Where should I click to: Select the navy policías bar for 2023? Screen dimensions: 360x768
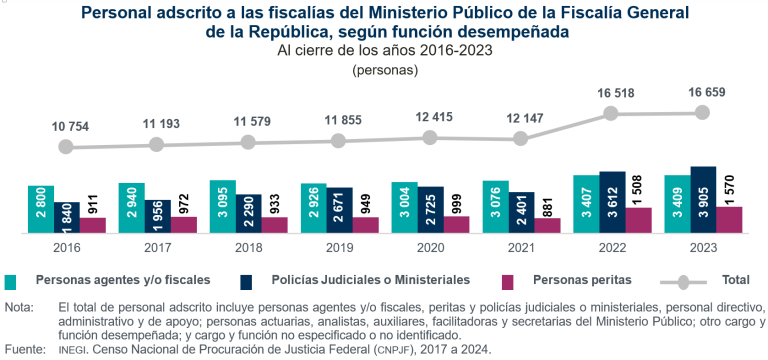tap(703, 200)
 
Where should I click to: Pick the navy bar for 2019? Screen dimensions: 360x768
tap(339, 210)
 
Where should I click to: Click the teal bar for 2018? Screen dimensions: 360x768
tap(222, 207)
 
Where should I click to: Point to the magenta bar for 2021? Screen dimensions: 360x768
tap(547, 225)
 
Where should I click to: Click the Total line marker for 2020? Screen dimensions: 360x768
tap(430, 138)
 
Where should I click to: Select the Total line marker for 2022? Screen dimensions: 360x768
tap(612, 114)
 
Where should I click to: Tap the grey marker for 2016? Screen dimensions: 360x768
tap(66, 147)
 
